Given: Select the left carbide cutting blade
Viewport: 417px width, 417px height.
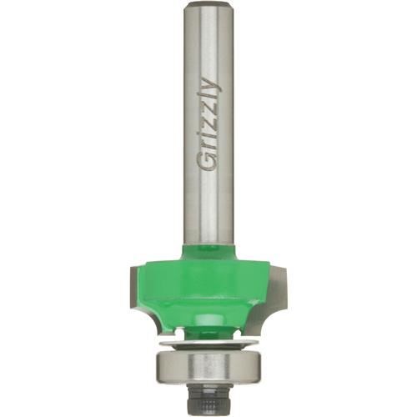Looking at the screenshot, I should tap(136, 284).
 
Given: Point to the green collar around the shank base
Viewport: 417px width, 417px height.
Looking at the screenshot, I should tap(208, 249).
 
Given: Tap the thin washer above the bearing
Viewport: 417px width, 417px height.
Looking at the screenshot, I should tap(208, 339).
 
